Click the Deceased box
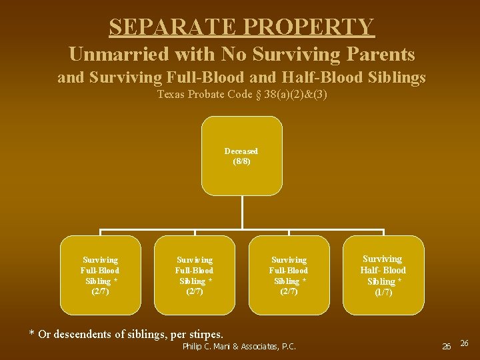[x=241, y=156]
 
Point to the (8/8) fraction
[x=241, y=161]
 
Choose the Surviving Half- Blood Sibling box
[x=383, y=275]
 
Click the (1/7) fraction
[x=383, y=292]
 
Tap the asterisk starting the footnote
[x=31, y=333]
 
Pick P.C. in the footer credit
[x=289, y=346]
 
